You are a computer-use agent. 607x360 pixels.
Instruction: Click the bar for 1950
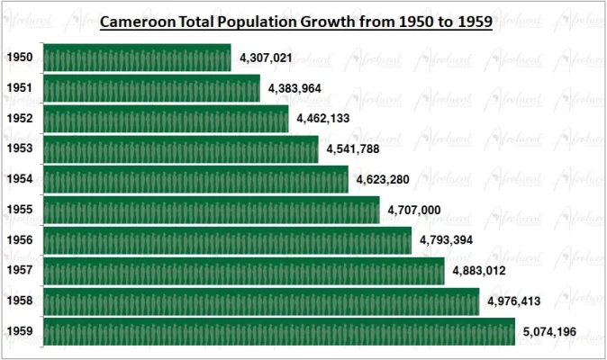(137, 58)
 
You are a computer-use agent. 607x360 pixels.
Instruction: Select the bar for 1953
(180, 149)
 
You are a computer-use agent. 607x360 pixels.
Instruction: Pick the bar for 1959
(278, 331)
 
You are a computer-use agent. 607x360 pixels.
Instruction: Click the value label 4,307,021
(267, 58)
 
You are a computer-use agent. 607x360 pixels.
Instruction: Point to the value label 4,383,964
(294, 89)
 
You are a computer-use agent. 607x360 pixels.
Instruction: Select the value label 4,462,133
(323, 119)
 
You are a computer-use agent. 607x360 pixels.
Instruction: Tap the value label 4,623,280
(383, 179)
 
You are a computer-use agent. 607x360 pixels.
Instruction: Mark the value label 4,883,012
(478, 271)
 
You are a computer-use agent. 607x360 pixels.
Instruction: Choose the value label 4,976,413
(513, 301)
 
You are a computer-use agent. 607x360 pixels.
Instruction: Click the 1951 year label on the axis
(20, 89)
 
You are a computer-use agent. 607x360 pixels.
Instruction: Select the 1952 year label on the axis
(20, 119)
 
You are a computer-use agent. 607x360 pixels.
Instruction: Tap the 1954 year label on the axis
(20, 179)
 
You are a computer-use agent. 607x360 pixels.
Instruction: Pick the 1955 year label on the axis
(20, 210)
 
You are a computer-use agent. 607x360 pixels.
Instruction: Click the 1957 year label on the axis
(20, 271)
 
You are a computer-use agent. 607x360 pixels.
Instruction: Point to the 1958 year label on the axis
(20, 301)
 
